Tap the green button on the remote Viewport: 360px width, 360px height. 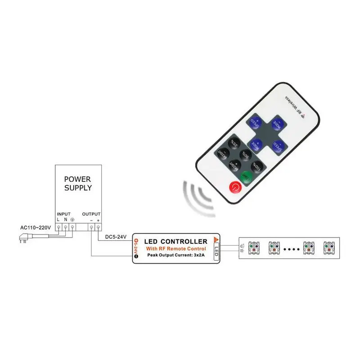click(x=246, y=176)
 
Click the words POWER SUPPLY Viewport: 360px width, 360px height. click(x=78, y=184)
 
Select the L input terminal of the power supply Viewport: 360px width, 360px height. click(x=59, y=228)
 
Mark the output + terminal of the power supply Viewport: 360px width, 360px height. click(x=98, y=228)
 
